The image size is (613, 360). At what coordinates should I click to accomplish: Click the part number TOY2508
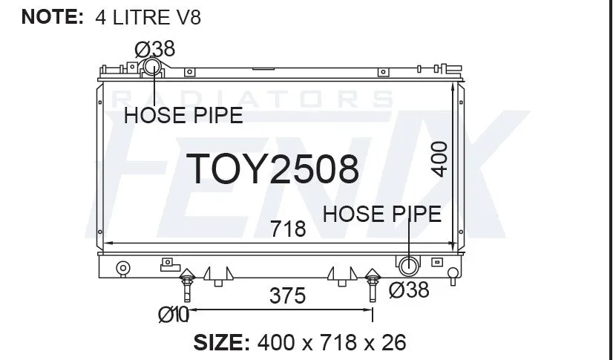pos(272,168)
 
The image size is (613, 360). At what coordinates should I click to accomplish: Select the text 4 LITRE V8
pos(148,18)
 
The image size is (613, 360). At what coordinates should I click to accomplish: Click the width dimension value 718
pos(288,229)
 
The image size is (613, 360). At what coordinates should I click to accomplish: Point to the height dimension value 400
pos(439,160)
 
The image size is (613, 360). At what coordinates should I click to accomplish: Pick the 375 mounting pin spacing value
pos(287,296)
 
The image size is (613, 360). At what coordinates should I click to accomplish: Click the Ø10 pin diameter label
pos(174,315)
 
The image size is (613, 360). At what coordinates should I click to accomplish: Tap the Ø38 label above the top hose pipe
pos(155,49)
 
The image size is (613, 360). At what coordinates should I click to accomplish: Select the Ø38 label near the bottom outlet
pos(409,290)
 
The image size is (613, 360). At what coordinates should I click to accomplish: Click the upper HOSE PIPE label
pos(183,116)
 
